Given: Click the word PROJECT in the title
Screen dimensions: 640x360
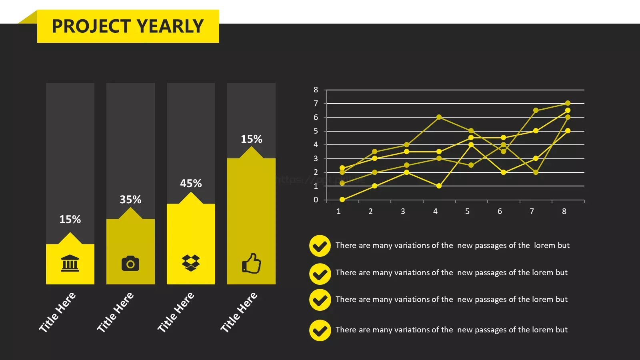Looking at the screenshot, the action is (92, 26).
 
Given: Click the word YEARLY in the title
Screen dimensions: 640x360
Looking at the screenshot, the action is (170, 26).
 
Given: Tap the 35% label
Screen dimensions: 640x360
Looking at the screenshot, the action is (130, 200).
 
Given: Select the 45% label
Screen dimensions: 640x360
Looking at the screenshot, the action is (191, 184).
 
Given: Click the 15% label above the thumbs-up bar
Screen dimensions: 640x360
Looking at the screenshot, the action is (252, 139).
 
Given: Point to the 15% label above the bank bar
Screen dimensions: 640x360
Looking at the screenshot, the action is (70, 220).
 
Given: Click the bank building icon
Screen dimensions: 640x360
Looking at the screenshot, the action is (70, 263).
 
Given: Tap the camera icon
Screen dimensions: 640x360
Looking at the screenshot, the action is (130, 263).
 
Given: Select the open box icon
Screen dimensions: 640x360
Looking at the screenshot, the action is (191, 263).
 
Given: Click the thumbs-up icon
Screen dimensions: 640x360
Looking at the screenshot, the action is (252, 263).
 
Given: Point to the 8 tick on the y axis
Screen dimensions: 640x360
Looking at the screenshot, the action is (316, 90).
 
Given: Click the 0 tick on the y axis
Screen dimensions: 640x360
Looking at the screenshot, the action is (316, 200).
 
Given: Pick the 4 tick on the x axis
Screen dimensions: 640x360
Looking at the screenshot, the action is (435, 212).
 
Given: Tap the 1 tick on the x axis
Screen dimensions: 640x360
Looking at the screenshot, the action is (338, 212).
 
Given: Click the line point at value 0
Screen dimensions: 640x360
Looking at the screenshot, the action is (342, 200).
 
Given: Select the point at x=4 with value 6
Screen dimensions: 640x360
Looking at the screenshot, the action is (439, 117).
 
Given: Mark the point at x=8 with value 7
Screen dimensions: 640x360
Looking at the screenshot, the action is (568, 103).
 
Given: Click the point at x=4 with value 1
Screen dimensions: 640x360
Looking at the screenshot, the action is (439, 186).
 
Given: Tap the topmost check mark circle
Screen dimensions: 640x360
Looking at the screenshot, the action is (320, 246).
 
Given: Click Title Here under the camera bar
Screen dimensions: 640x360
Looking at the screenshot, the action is (115, 312).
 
